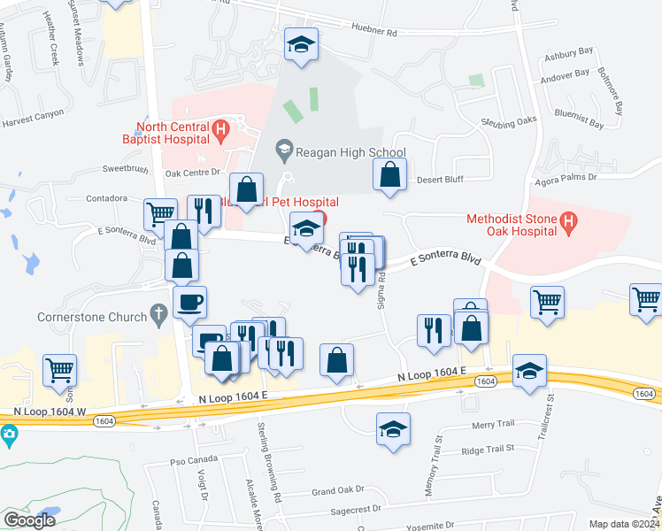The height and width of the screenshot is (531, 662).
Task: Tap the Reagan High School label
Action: (350, 152)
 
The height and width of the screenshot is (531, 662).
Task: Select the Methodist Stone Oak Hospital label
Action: (518, 225)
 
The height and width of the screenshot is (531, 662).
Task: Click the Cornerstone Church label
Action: (90, 315)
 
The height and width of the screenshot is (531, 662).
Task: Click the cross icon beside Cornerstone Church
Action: (158, 314)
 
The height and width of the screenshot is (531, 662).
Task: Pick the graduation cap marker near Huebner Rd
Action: (301, 43)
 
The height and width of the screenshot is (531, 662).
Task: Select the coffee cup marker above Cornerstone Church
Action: (190, 303)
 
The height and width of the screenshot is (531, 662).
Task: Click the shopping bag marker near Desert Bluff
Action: (389, 174)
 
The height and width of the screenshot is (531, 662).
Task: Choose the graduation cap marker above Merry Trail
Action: (393, 429)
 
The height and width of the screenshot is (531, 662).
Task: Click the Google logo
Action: (29, 519)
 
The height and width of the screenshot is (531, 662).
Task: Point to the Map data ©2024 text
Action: (625, 524)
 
